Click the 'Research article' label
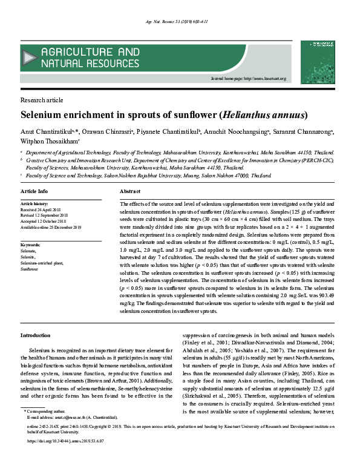coord(42,100)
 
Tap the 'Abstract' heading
coord(130,191)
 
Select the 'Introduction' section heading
coord(36,335)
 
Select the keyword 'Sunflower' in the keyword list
coord(29,269)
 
